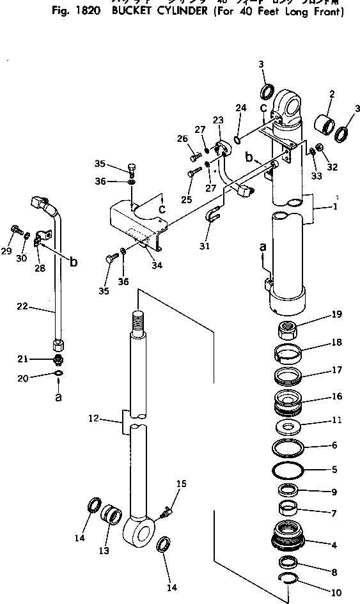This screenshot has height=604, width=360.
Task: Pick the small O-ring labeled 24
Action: click(x=237, y=137)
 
